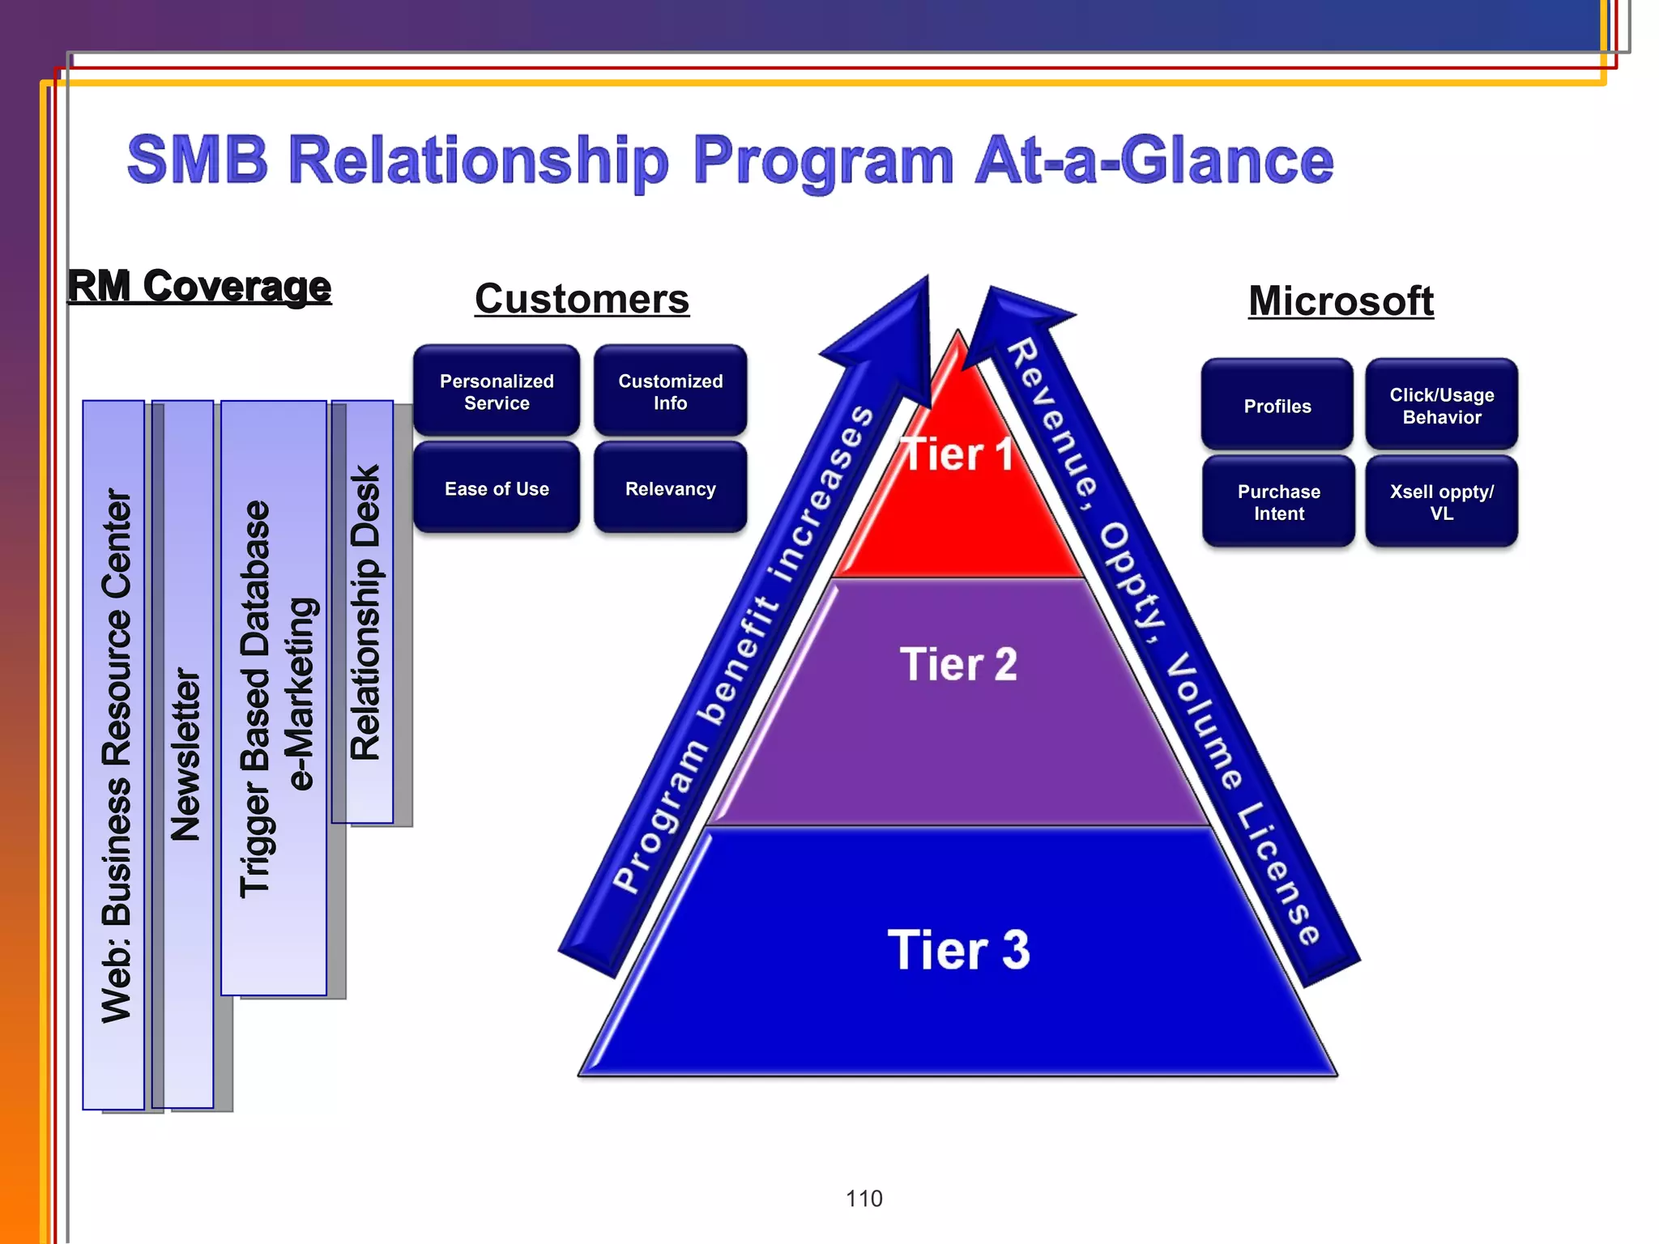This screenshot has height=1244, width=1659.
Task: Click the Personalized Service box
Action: coord(497,392)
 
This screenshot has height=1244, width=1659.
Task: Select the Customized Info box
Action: coord(670,392)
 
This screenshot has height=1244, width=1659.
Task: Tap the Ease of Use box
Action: coord(497,488)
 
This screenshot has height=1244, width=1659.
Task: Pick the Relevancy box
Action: coord(670,488)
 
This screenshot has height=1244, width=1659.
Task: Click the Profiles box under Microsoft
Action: coord(1277,406)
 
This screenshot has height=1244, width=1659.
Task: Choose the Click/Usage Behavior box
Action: coord(1441,406)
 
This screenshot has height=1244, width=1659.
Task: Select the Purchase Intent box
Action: coord(1278,502)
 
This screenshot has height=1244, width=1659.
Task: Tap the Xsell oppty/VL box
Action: coord(1441,502)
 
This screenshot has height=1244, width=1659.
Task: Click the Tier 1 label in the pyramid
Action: coord(957,454)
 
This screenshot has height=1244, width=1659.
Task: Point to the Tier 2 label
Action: coord(957,664)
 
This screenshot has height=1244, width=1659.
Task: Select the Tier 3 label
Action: coord(957,949)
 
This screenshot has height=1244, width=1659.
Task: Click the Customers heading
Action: coord(582,299)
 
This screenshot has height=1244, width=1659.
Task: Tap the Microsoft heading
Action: coord(1341,301)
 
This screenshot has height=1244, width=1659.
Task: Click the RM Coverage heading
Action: coord(199,287)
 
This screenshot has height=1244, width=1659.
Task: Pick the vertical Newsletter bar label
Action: coord(186,753)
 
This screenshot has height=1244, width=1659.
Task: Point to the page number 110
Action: coord(864,1198)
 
